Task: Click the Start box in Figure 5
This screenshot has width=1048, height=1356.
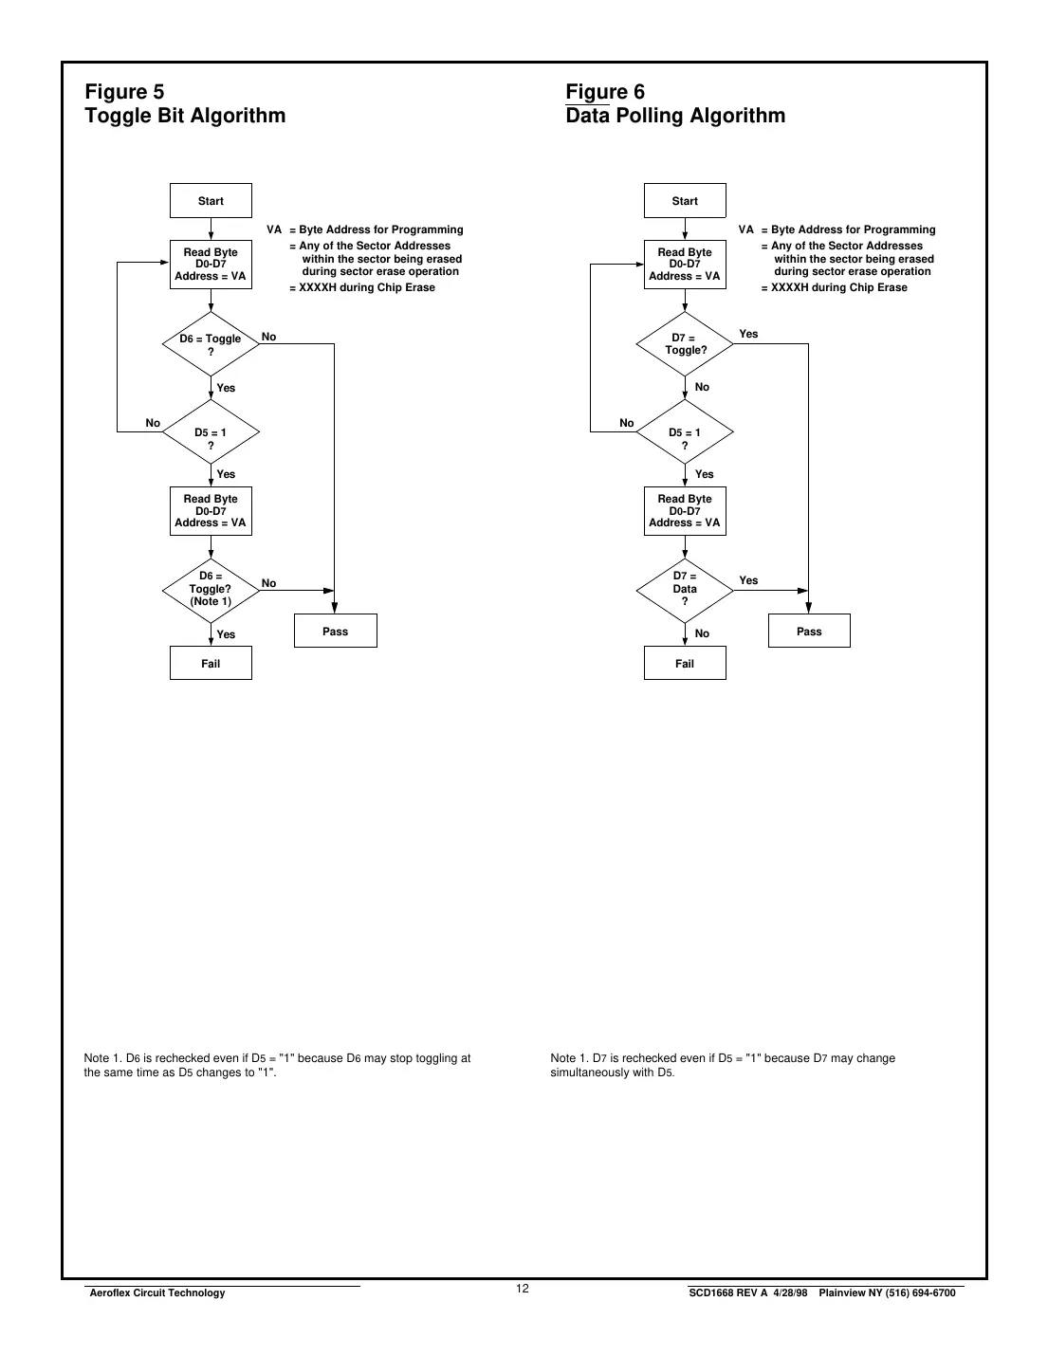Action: pos(211,201)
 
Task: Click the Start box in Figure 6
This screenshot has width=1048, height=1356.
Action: pos(685,201)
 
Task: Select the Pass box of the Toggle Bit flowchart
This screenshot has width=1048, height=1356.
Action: pos(335,632)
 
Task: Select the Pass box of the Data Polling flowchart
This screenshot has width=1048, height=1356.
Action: pos(809,632)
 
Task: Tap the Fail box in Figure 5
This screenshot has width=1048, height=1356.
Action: pos(211,664)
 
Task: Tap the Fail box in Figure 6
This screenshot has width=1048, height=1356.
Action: pos(685,664)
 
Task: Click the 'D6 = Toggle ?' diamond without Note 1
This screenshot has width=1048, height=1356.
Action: pos(211,344)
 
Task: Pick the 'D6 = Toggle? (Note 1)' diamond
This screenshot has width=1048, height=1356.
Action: pos(211,589)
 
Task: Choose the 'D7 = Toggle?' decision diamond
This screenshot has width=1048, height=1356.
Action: pos(685,344)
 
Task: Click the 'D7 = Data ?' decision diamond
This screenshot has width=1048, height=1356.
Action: pos(685,589)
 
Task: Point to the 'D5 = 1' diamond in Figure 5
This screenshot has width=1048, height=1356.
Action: pos(211,432)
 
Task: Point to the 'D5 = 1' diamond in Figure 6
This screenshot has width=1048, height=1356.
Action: pos(685,432)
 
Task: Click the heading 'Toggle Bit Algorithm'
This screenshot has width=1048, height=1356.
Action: pos(185,116)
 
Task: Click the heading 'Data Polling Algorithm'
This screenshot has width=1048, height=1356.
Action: pos(675,116)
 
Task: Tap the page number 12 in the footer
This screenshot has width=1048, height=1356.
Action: pos(523,1289)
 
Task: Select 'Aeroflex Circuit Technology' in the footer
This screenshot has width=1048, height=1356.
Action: pos(156,1292)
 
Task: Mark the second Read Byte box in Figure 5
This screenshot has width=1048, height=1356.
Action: pos(211,511)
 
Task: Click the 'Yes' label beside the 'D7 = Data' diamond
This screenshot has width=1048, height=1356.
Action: pos(748,580)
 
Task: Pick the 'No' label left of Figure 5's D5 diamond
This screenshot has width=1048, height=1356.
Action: pos(153,423)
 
